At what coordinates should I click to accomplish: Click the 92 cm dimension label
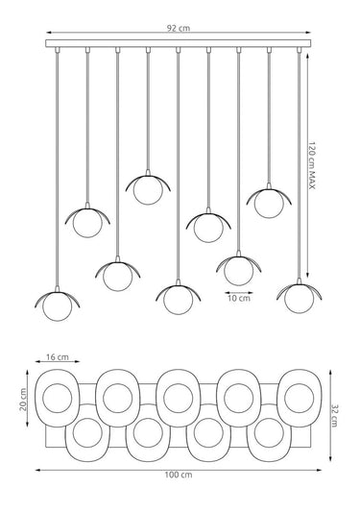point(179,28)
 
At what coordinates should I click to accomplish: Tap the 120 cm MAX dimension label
point(312,165)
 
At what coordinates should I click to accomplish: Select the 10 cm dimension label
point(239,298)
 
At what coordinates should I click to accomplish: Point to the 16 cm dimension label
point(58,357)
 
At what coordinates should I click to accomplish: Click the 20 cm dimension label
point(23,399)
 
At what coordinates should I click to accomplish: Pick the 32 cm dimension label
point(335,416)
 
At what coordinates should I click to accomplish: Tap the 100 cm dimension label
point(179,475)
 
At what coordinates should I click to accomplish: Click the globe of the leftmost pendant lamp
point(57,306)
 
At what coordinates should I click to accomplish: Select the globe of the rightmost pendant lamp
point(299,299)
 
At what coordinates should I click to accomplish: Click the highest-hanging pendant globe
point(148,190)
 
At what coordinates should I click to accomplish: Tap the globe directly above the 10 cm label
point(239,271)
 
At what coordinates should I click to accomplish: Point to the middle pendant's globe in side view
point(179,300)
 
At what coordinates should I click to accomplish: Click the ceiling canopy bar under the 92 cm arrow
point(179,43)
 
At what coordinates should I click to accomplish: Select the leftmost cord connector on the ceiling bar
point(58,50)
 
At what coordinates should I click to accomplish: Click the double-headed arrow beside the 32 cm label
point(330,416)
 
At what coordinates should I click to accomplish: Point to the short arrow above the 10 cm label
point(239,293)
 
